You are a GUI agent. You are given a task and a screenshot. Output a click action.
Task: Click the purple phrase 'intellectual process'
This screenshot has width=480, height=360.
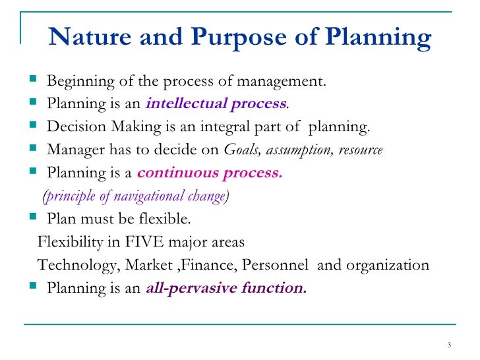coord(216,103)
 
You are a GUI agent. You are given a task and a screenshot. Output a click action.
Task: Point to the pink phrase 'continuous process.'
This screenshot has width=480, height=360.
coord(209,174)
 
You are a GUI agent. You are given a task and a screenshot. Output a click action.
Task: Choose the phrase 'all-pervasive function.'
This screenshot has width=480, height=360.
coord(225,288)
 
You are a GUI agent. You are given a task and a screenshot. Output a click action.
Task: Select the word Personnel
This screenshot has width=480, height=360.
coord(275,265)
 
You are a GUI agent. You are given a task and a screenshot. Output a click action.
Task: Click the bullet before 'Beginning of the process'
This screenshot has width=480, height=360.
coord(34,80)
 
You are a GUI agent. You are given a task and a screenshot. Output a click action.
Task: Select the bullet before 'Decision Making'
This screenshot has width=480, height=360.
coord(34,126)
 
